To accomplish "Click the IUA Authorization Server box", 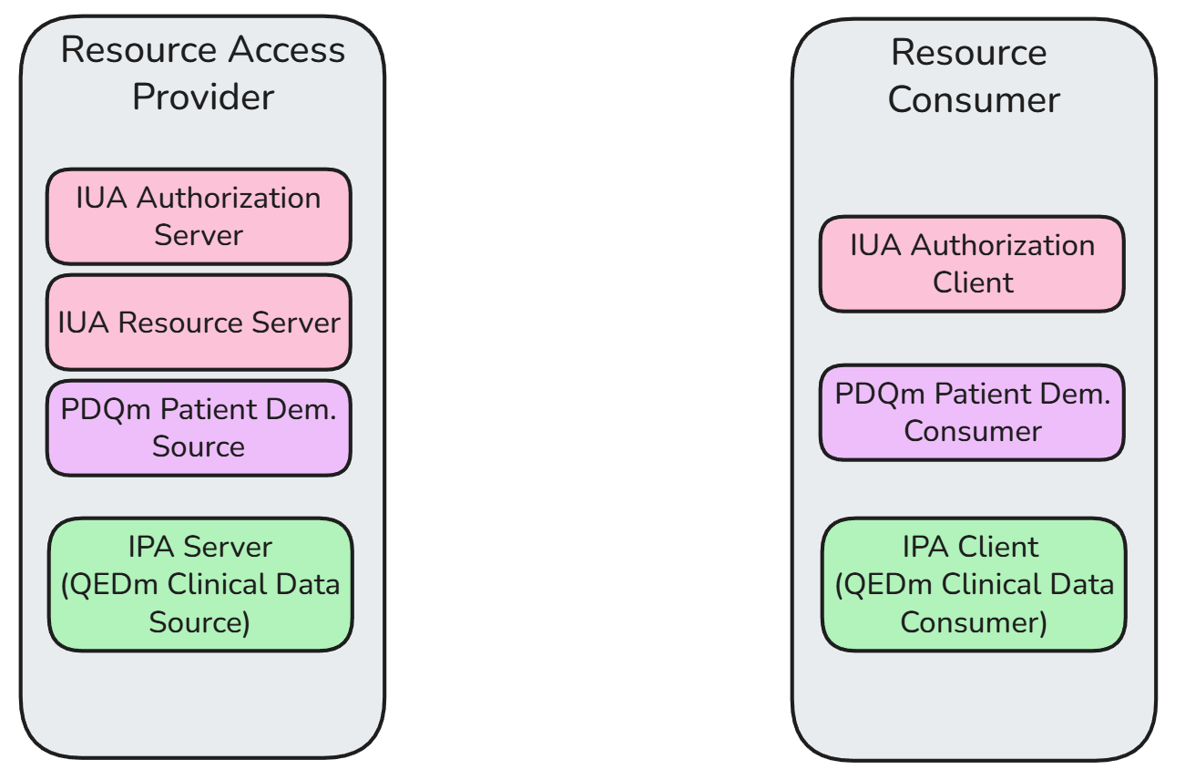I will coord(199,216).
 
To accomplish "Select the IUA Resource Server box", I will coord(199,323).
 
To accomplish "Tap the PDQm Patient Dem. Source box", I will coord(199,428).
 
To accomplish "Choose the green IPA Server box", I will coord(199,584).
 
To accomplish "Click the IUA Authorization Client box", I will coord(972,263).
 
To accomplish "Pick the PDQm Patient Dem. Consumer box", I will coord(972,413).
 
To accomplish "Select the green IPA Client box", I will coord(974,584).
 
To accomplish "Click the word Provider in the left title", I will coord(202,97).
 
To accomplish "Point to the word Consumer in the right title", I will coord(973,100).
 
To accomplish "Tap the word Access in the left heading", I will coord(287,50).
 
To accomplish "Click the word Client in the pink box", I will coord(973,282).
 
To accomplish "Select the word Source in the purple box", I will coord(199,446).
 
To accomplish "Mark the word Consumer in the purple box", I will coord(972,431).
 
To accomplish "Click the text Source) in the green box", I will coord(199,622).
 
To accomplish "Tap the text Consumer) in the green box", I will coord(973,623).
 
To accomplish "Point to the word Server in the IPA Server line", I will coord(228,547).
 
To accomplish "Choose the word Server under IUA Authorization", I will coord(199,235).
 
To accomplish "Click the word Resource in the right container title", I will coord(969,53).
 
